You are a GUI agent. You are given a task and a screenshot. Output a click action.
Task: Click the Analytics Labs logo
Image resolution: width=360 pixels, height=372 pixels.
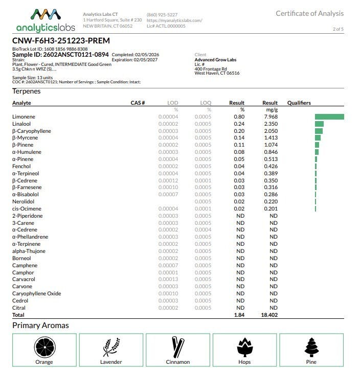click(46, 20)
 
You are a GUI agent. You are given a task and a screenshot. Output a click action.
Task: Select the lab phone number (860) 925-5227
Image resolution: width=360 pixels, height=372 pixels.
click(162, 14)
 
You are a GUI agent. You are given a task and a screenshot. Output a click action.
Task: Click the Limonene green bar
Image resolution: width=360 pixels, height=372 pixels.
click(329, 117)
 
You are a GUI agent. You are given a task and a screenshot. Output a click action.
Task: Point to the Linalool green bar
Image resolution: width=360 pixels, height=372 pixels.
click(319, 124)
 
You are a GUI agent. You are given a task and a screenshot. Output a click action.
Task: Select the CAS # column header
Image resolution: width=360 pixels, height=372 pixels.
click(138, 103)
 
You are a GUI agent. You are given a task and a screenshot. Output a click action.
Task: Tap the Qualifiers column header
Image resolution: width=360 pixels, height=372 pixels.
click(299, 103)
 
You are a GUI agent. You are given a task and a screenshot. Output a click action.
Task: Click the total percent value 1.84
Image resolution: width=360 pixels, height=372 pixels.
click(238, 315)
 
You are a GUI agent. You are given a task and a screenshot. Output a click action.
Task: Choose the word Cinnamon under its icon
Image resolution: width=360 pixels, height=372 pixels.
click(177, 362)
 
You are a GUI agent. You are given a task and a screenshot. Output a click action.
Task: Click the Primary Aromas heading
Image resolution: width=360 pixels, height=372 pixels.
click(40, 325)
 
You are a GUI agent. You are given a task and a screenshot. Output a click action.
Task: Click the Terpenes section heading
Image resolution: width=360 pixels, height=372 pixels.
click(26, 91)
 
